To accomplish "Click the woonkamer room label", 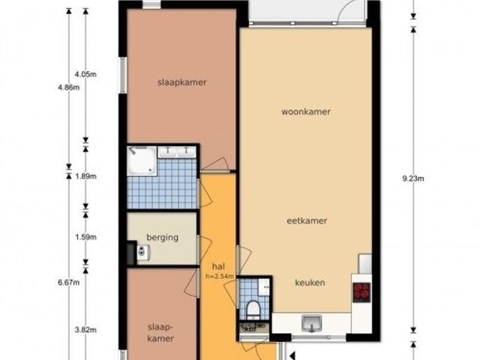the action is coord(306,112).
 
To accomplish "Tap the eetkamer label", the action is coord(307,220).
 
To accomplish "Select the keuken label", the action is coord(310,283).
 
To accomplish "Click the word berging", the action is coord(162,238).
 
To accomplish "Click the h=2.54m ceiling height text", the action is coord(220,277).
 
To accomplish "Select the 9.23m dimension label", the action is coord(413,178).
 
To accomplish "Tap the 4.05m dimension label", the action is coord(85,74).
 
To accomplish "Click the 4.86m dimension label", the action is coord(68,88).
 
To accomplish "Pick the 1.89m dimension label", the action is coord(85,177).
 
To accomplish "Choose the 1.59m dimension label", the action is coord(85,237).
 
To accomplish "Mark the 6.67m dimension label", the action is coord(68,283).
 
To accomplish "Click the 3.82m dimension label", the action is coord(85,330).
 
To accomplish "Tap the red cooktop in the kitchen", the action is coord(361,292).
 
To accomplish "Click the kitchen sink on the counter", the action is coord(312,323).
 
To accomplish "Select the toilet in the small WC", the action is coord(253,309).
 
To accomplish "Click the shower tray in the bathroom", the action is coord(142,160).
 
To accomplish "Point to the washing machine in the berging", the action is coord(143,252).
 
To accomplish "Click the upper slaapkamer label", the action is coord(182,82).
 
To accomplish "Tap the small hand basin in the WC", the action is coord(264,287).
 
